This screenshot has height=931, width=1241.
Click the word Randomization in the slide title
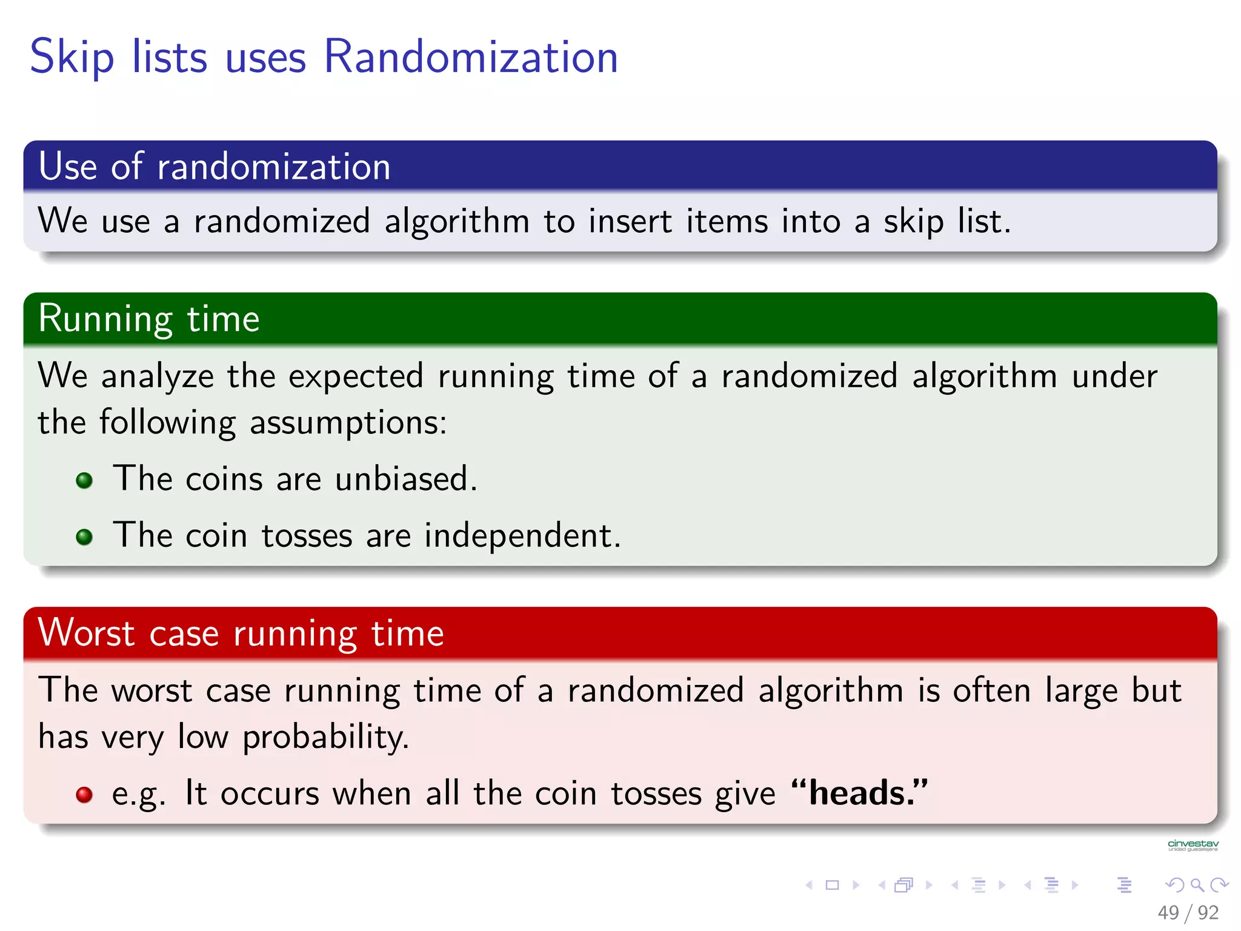471,57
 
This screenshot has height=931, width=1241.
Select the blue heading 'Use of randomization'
215,166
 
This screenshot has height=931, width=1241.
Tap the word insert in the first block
630,221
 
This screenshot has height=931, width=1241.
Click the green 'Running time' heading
149,319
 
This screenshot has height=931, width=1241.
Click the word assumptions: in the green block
348,423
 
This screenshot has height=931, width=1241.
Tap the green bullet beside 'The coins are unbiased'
84,481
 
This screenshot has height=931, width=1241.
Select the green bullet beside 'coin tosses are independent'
84,536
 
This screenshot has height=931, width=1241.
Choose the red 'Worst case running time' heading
241,633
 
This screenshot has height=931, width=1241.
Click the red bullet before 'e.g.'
84,795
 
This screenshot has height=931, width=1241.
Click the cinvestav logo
1193,845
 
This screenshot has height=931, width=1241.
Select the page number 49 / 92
1188,912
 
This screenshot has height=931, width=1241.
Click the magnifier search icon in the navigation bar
1197,885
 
